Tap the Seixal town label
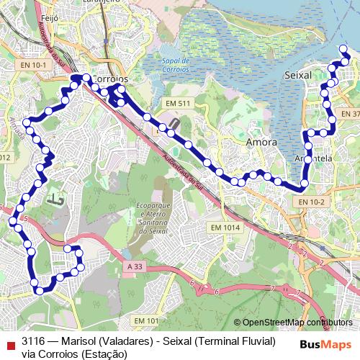298,75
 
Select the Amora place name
261,142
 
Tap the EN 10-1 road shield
34,66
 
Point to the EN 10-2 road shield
314,202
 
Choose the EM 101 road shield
146,320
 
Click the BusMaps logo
325,343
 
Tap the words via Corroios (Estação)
69,353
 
